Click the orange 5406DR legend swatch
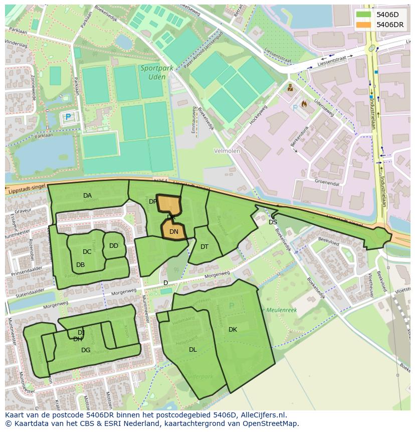pyautogui.click(x=364, y=25)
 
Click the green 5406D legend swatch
pyautogui.click(x=364, y=15)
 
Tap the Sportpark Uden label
pyautogui.click(x=155, y=72)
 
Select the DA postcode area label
pyautogui.click(x=88, y=196)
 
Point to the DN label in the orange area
pyautogui.click(x=174, y=232)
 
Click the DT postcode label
pyautogui.click(x=204, y=247)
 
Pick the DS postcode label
pyautogui.click(x=273, y=222)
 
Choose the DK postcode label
pyautogui.click(x=233, y=330)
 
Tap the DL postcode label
pyautogui.click(x=193, y=350)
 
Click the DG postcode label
pyautogui.click(x=86, y=350)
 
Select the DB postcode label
pyautogui.click(x=81, y=265)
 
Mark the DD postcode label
pyautogui.click(x=114, y=246)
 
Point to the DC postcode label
pyautogui.click(x=87, y=252)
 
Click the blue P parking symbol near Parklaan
pyautogui.click(x=68, y=117)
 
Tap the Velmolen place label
pyautogui.click(x=227, y=151)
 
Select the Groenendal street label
pyautogui.click(x=326, y=183)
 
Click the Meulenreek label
pyautogui.click(x=280, y=310)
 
